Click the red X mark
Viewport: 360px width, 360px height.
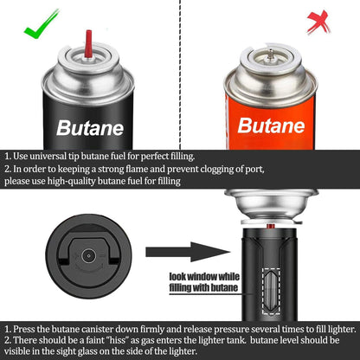coord(318,22)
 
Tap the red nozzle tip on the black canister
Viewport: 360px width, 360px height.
coord(88,43)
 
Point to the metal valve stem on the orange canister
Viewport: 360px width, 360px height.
coord(270,55)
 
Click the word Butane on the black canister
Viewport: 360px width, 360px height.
coord(90,128)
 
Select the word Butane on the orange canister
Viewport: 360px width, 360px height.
coord(271,125)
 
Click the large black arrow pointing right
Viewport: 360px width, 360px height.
coord(187,252)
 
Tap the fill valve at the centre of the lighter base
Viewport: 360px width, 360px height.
coord(88,256)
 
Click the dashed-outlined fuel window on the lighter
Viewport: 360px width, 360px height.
coord(271,292)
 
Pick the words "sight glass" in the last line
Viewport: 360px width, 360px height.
coord(125,351)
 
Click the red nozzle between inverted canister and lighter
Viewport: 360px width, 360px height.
coord(271,226)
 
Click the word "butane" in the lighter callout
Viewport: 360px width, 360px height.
coord(224,287)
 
